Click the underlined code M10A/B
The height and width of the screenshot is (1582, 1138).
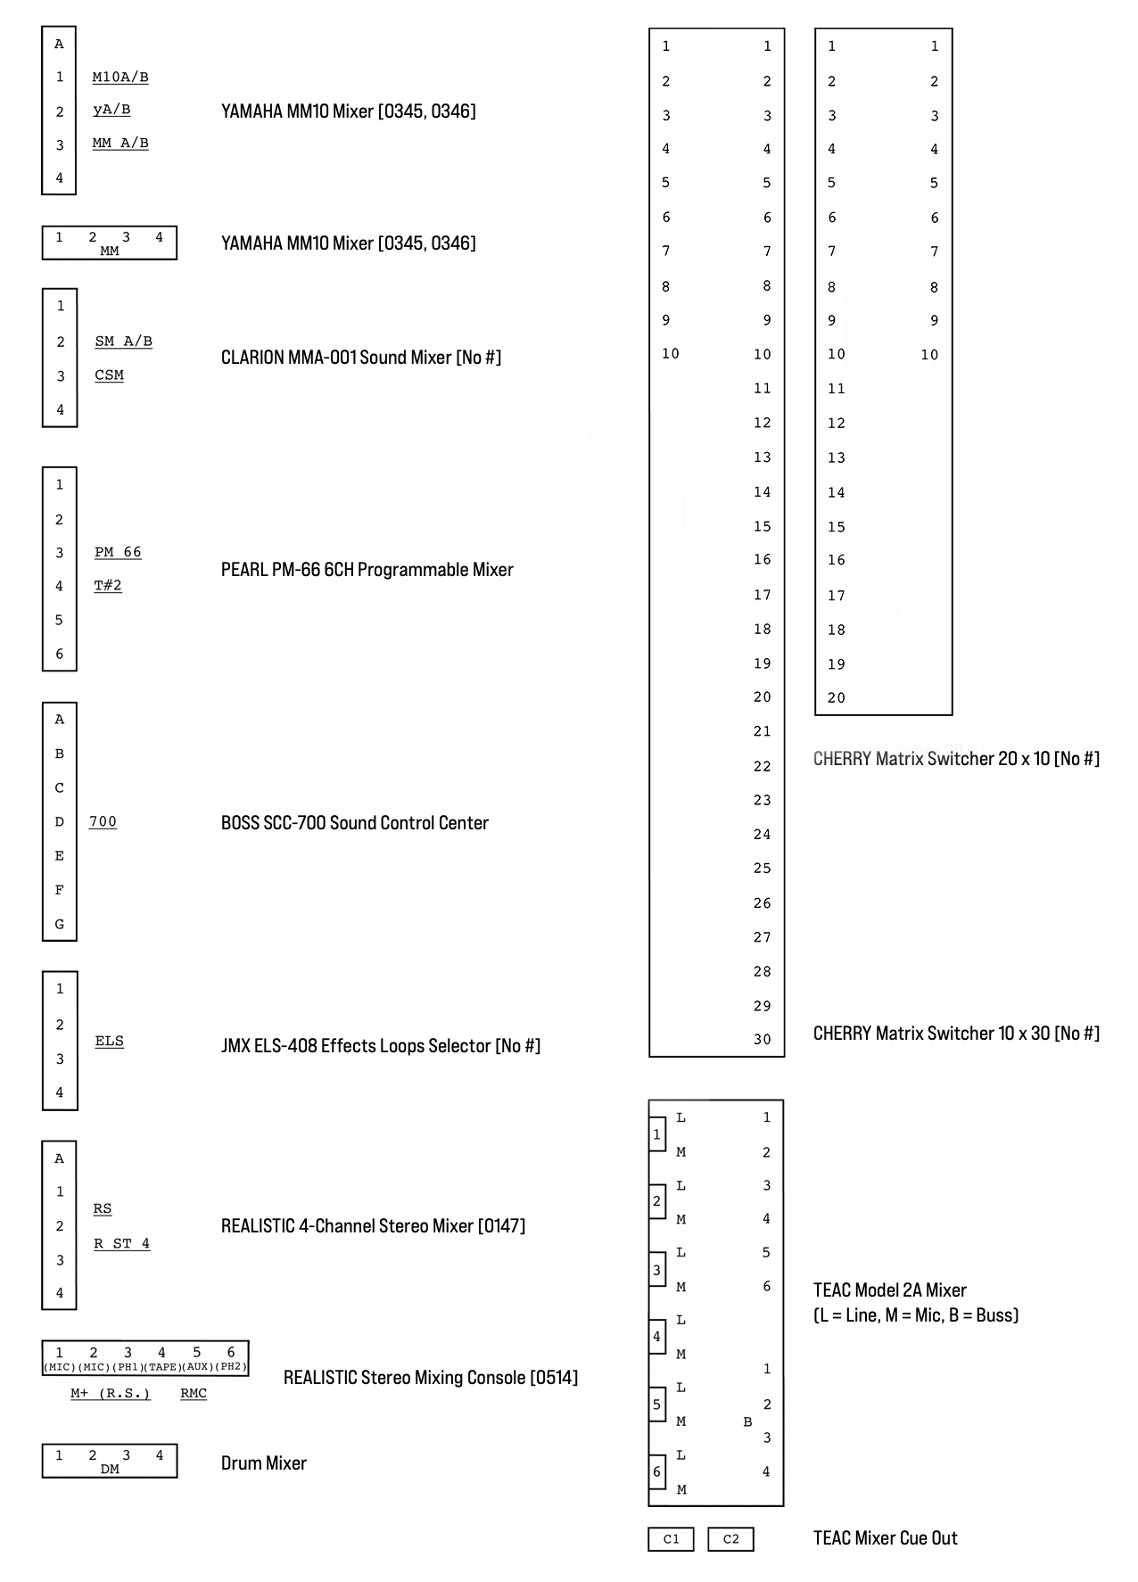[120, 78]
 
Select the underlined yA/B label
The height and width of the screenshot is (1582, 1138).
[111, 110]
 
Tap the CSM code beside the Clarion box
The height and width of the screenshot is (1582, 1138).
[109, 375]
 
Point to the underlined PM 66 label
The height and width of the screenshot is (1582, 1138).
[118, 552]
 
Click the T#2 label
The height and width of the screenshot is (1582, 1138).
[108, 586]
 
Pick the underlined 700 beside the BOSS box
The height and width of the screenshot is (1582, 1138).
[103, 822]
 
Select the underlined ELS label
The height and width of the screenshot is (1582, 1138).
[109, 1041]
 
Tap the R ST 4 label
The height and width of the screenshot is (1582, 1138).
[121, 1243]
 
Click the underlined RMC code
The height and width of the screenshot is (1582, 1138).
[194, 1394]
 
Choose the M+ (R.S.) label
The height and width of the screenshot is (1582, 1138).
[111, 1394]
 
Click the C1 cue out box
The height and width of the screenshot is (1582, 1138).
[671, 1539]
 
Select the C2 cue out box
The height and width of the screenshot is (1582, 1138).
[730, 1539]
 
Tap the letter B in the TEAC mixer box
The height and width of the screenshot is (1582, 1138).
[747, 1422]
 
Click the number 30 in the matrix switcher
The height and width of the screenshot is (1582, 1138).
[762, 1040]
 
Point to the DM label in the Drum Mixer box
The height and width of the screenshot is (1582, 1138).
[110, 1470]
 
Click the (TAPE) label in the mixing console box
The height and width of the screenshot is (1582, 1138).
[163, 1367]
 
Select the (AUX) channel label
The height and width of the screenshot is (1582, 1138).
[196, 1367]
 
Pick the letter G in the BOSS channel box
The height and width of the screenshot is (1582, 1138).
[60, 924]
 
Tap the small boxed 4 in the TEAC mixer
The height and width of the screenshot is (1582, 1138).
[657, 1337]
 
